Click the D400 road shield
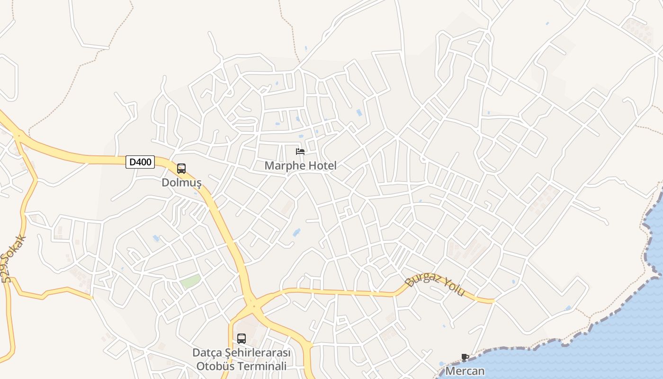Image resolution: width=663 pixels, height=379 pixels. tap(140, 162)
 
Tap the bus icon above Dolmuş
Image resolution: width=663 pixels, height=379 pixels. tap(181, 169)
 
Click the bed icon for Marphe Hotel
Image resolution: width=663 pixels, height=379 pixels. tap(300, 152)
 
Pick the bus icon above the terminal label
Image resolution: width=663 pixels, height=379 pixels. tap(241, 339)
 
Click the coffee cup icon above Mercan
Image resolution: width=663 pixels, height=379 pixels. tap(465, 358)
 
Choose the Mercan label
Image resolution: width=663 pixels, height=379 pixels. tap(465, 371)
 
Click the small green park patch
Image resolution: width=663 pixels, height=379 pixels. tap(190, 281)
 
